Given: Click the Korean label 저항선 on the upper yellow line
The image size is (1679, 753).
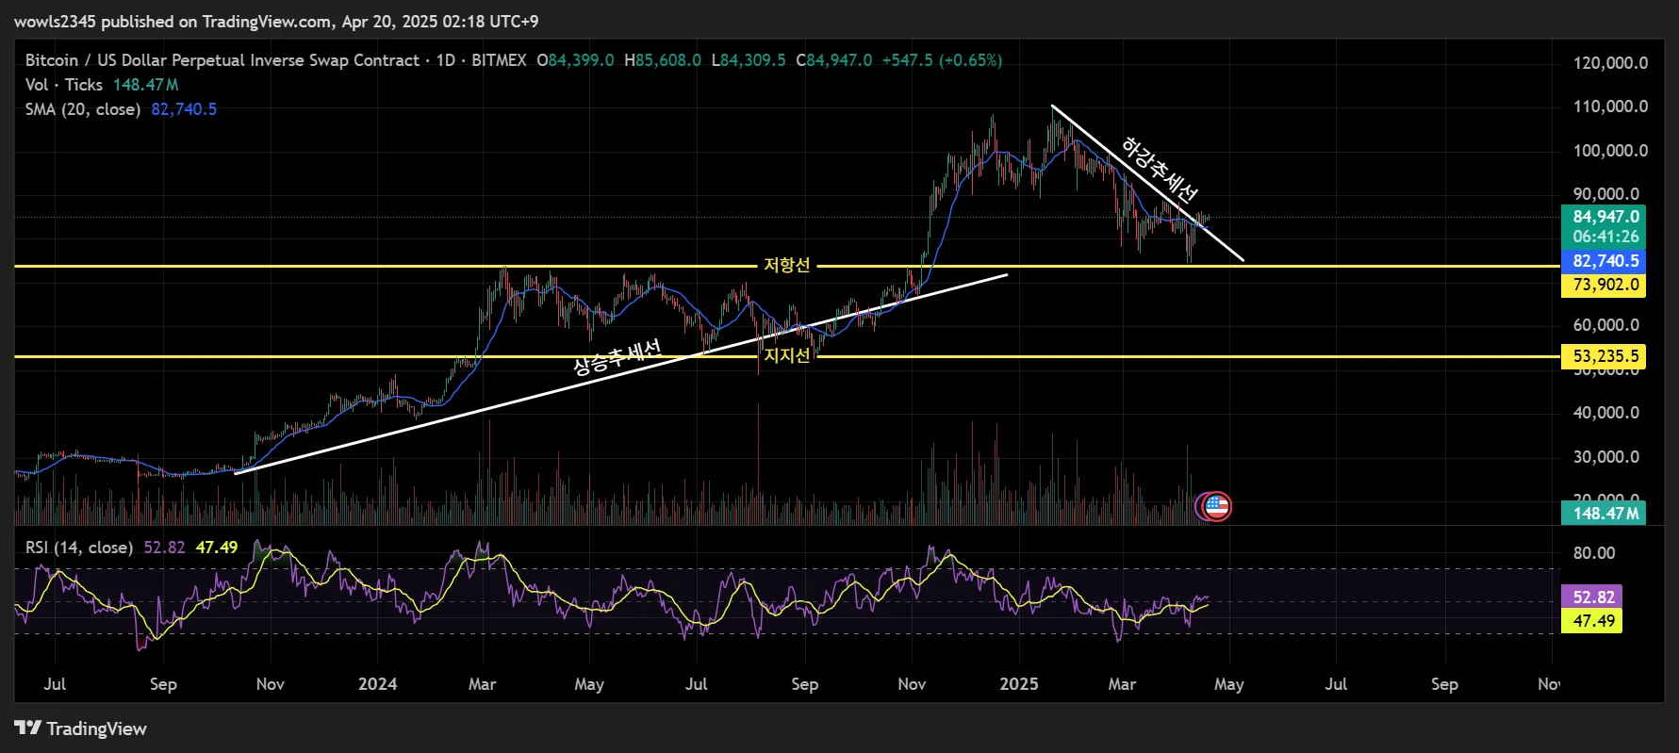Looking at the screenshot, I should (x=786, y=266).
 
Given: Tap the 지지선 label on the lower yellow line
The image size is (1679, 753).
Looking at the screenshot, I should (x=786, y=355).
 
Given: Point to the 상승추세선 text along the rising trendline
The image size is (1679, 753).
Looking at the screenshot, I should (x=617, y=357).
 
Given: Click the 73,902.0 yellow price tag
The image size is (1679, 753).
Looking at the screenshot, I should (x=1605, y=285).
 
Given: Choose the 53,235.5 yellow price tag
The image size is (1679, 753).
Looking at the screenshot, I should (x=1605, y=356).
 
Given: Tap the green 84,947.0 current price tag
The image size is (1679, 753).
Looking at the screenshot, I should (x=1605, y=217).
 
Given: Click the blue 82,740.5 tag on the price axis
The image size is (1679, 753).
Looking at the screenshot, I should (x=1605, y=261).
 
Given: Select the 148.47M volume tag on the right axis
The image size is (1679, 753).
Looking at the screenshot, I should (x=1605, y=513).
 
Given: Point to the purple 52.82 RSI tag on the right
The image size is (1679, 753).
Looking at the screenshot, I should (x=1593, y=597).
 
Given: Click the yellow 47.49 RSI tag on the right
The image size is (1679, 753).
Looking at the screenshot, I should (x=1593, y=621).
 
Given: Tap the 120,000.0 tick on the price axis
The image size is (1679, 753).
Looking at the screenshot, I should (x=1610, y=63).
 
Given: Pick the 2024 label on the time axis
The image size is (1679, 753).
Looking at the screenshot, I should (x=377, y=684).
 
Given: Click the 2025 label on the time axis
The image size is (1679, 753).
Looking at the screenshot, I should (x=1019, y=684).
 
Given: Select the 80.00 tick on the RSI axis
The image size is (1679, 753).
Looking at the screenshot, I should (x=1593, y=553).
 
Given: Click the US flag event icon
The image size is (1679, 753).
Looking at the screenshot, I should (x=1217, y=506).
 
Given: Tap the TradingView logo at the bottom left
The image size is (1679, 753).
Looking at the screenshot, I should (x=81, y=728).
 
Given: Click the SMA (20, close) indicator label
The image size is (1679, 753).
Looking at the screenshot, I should (x=83, y=109).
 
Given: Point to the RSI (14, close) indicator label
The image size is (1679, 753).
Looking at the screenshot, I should (x=79, y=548).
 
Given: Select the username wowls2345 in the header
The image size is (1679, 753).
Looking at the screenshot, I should (x=56, y=21).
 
